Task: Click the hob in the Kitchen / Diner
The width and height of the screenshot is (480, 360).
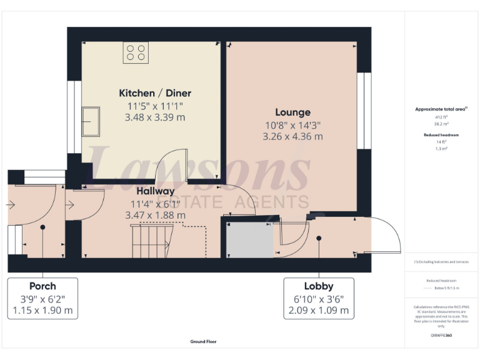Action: click(136, 52)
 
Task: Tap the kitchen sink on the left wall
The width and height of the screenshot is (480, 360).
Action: click(91, 121)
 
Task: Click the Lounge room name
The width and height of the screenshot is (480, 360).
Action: click(292, 112)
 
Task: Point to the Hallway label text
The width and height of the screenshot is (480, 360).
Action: click(156, 191)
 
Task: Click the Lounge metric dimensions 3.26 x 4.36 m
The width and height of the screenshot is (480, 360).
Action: click(292, 136)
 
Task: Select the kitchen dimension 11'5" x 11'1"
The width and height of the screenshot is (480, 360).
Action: click(155, 106)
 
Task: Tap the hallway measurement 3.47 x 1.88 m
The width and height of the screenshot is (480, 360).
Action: click(156, 215)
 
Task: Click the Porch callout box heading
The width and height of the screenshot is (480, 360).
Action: click(42, 286)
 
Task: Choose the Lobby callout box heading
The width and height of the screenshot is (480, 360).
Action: click(319, 286)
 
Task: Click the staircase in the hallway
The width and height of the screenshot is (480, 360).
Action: click(149, 240)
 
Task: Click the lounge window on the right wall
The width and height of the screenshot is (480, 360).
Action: click(361, 111)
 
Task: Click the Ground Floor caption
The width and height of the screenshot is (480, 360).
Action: click(204, 342)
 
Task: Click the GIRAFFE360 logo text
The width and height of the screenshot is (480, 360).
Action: click(441, 336)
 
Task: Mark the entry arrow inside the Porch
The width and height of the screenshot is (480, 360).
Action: click(11, 204)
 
